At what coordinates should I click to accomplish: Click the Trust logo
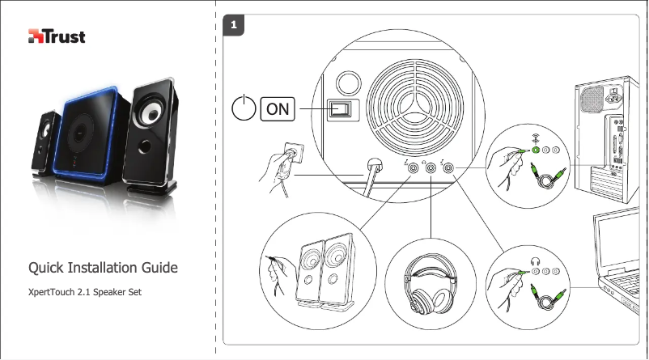click(57, 36)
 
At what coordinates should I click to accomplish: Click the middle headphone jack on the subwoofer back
click(431, 168)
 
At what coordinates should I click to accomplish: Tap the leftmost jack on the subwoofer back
click(413, 168)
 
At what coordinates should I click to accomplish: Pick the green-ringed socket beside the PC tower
click(535, 151)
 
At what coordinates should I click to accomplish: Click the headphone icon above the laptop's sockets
click(535, 260)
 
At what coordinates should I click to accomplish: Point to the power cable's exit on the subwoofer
click(373, 164)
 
